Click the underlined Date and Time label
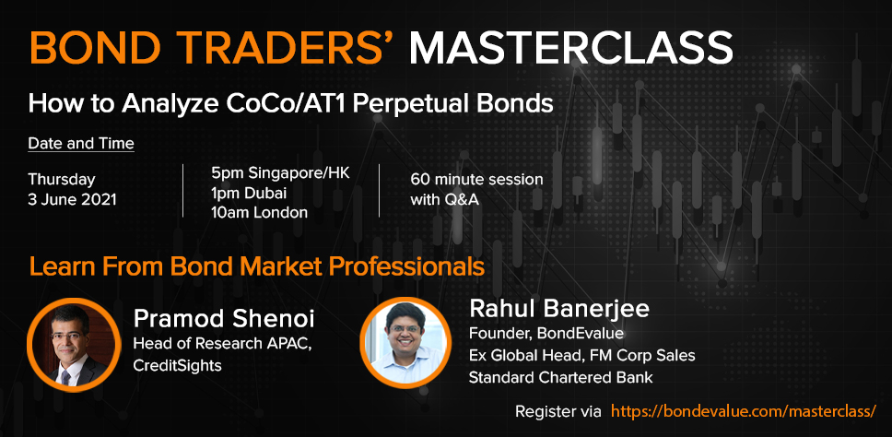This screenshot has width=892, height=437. [81, 144]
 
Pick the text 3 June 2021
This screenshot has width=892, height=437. [72, 200]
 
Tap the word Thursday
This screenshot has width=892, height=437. [62, 179]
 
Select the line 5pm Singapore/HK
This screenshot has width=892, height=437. [279, 173]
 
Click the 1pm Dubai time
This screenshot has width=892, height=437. [248, 194]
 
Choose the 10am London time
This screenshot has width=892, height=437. [259, 213]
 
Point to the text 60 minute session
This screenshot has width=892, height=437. [476, 180]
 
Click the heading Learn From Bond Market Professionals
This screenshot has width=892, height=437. [256, 266]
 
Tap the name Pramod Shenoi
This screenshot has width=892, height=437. [224, 320]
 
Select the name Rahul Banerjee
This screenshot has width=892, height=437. [558, 309]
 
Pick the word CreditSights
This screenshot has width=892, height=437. [177, 366]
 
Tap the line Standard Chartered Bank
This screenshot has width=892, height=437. [560, 377]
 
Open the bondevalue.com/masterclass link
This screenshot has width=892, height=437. [744, 411]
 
